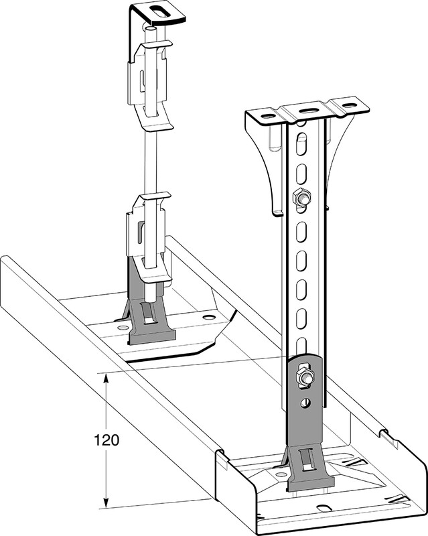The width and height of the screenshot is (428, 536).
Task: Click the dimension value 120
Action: click(x=106, y=440)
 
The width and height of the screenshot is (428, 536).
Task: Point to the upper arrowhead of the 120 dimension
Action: click(x=106, y=379)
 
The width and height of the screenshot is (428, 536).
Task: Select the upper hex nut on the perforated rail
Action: click(x=301, y=197)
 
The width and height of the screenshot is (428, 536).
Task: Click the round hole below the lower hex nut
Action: click(x=305, y=403)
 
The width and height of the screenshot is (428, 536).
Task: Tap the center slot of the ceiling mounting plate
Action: click(x=308, y=111)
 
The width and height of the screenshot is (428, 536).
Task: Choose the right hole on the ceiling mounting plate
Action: click(x=349, y=106)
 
